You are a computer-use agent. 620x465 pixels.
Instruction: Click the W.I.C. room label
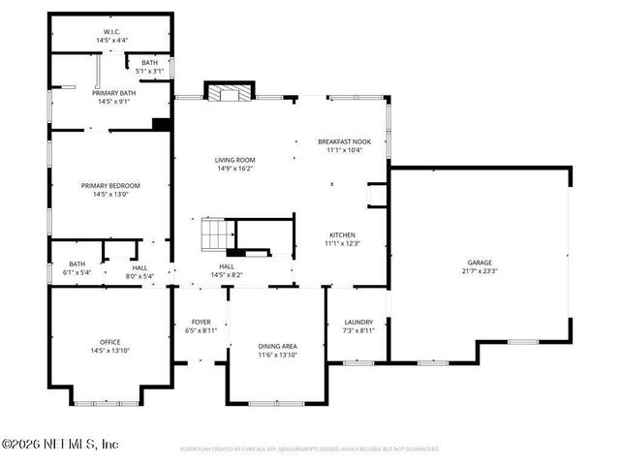coord(110,31)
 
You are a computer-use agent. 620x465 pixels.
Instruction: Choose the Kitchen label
coord(341,235)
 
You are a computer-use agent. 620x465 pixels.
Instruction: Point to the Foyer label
coord(201,323)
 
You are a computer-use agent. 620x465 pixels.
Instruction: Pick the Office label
coord(110,342)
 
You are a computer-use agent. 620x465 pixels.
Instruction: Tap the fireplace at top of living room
coord(230,93)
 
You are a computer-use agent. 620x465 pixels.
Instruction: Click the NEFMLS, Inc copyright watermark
coord(60,444)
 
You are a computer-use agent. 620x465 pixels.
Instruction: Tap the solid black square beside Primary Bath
coord(162,123)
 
